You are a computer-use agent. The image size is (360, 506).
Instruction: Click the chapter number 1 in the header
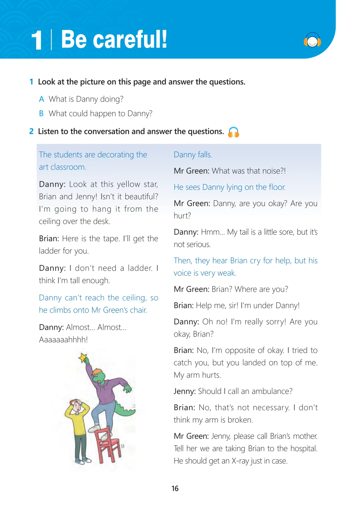pos(36,40)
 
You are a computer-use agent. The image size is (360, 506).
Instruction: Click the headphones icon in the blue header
pos(312,40)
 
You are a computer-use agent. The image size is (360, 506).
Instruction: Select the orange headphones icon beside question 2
pos(233,132)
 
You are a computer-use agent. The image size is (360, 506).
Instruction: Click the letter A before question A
pos(41,99)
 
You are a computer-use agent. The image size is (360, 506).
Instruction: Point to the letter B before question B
pos(41,114)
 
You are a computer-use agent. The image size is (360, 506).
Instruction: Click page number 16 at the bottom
pos(175,488)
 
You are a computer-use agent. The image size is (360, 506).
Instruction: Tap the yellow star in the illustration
pos(83,358)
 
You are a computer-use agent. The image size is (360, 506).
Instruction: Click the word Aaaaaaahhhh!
pos(63,340)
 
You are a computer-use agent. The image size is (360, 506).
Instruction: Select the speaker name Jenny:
pos(184,391)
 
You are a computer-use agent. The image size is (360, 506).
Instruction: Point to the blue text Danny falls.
pos(193,155)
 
